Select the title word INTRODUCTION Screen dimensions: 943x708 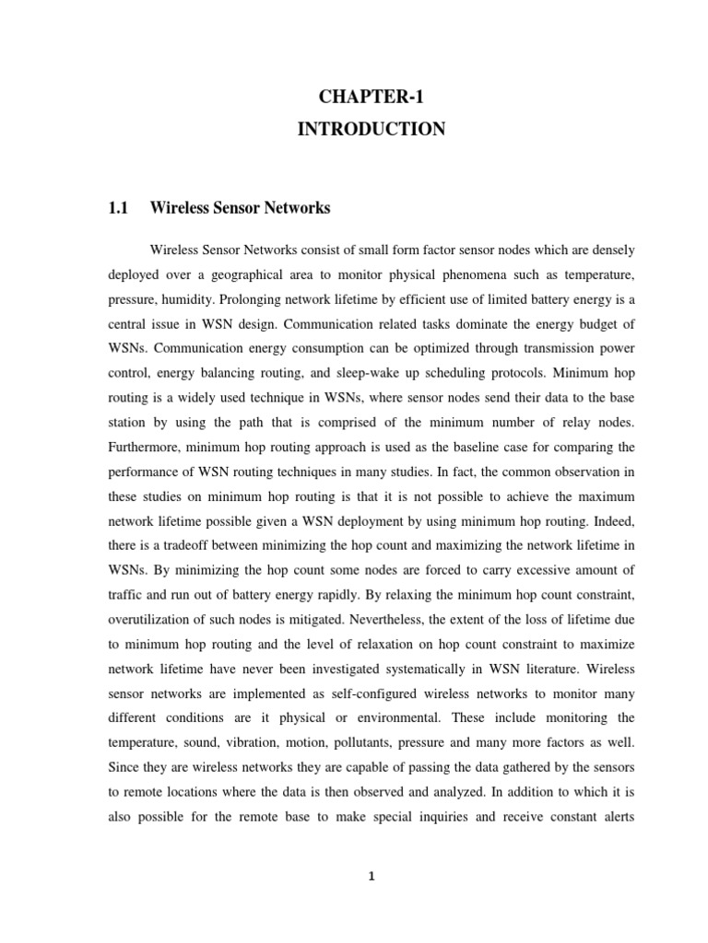371,130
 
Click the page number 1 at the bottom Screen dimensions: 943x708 370,878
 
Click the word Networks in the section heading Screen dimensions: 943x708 298,209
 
